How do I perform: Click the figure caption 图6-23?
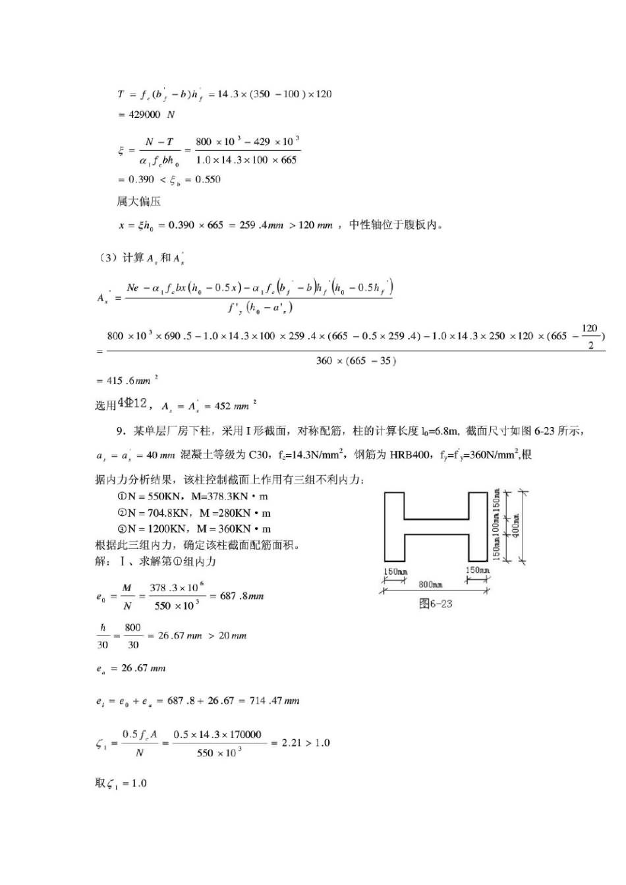[x=436, y=604]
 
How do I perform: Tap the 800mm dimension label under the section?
[x=430, y=585]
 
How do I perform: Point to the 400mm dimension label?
[x=516, y=525]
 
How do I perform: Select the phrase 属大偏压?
[x=138, y=202]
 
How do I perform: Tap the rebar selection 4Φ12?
[x=132, y=403]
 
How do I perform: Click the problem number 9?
[x=121, y=431]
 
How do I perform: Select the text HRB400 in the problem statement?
[x=408, y=455]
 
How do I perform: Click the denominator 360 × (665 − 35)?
[x=356, y=361]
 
